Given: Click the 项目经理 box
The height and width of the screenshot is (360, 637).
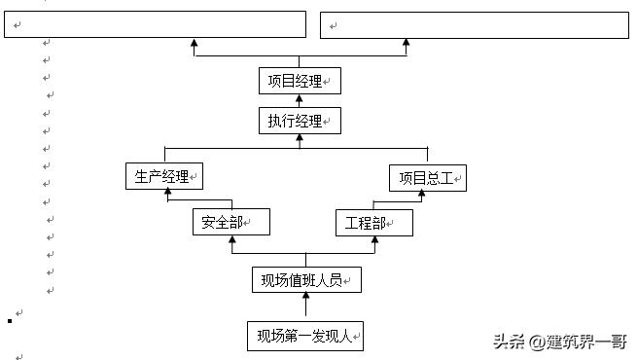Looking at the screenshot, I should point(300,81).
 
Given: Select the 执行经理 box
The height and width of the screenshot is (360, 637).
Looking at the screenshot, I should point(300,121).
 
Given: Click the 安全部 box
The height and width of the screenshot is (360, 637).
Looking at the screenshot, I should point(230,223).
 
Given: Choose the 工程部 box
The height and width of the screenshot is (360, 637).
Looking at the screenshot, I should point(373,223).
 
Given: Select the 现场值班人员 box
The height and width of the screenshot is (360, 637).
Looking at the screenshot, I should point(306,280).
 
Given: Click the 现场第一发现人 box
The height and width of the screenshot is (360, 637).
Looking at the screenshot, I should point(305,337).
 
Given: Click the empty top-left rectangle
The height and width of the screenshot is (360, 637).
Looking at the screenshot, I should point(156,24).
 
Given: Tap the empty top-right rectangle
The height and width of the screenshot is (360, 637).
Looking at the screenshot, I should point(474,24).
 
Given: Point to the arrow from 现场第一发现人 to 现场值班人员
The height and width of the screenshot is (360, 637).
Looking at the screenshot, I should point(306,306).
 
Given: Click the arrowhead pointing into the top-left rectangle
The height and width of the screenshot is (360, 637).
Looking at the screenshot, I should point(195,44).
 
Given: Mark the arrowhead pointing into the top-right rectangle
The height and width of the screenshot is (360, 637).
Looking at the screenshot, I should point(406,44).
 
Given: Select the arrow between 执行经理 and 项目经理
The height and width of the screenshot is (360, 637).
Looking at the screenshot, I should point(300,101).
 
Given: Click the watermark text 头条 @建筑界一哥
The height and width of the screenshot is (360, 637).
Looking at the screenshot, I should point(558,342).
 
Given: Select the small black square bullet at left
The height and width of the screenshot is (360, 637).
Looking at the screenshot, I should point(9,320).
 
